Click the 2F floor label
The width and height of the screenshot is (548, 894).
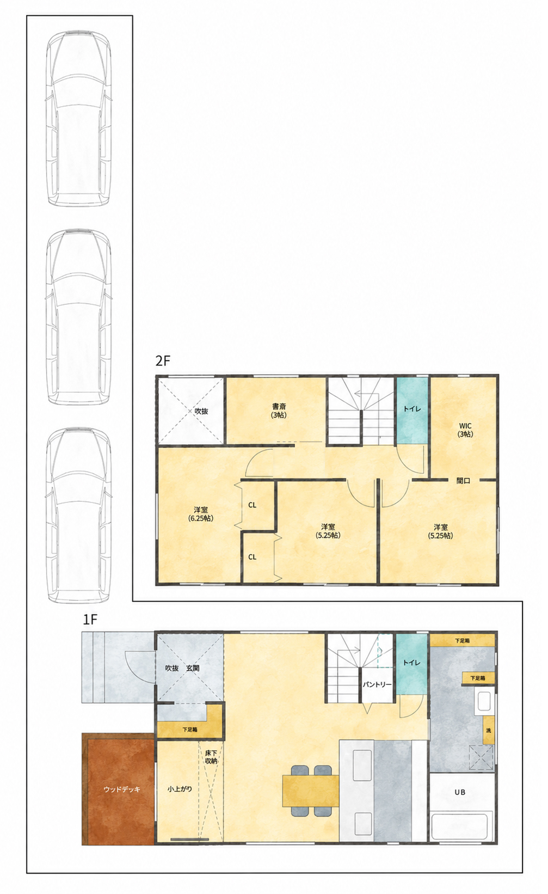162,361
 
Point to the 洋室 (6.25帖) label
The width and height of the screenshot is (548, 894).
201,515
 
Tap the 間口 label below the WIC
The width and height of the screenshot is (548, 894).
463,481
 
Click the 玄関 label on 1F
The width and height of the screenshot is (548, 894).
193,668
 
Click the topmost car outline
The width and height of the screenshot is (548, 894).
78,119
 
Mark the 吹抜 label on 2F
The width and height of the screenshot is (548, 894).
201,411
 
